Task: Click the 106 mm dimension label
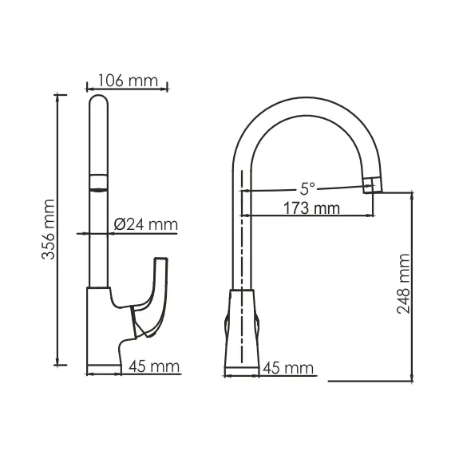tap(126, 80)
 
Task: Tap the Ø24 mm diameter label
tap(144, 224)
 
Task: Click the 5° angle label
tap(307, 188)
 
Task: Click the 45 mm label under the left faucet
tap(152, 368)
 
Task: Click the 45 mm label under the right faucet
tap(288, 368)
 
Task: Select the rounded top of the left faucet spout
tap(98, 104)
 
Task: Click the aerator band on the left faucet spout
tap(97, 183)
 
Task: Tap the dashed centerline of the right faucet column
tap(241, 239)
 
